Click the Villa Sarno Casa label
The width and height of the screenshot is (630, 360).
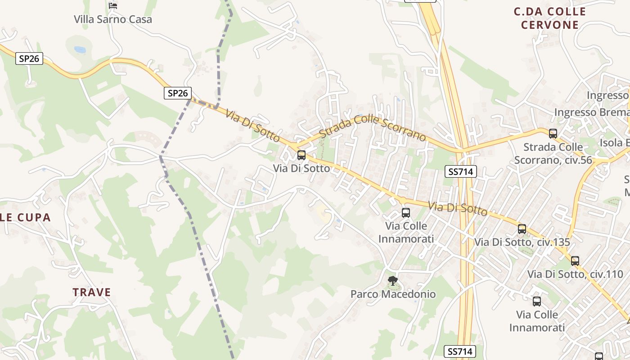click(x=113, y=19)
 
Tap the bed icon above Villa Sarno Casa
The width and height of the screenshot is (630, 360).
click(x=113, y=6)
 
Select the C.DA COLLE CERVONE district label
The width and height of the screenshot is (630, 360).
click(x=550, y=18)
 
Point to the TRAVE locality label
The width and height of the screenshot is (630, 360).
click(x=92, y=292)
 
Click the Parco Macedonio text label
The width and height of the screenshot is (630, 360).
click(x=393, y=294)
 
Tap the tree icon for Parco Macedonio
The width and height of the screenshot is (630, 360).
click(x=393, y=281)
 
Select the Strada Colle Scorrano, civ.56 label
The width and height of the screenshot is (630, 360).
click(x=553, y=153)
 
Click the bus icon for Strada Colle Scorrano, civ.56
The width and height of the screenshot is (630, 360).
click(x=553, y=134)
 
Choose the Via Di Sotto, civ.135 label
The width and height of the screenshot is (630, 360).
click(x=522, y=242)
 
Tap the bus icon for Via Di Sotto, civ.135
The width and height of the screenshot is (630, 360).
click(x=522, y=229)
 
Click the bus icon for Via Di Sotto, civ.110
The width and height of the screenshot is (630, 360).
click(x=575, y=261)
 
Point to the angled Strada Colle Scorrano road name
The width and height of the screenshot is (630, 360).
click(x=372, y=127)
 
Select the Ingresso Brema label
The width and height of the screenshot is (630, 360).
click(x=591, y=112)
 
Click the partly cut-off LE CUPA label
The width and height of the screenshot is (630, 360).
click(x=25, y=218)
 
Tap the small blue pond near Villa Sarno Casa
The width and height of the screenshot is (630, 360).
click(x=80, y=49)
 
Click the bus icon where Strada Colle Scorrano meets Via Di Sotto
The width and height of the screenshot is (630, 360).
click(x=301, y=155)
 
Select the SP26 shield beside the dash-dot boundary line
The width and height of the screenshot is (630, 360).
click(x=177, y=93)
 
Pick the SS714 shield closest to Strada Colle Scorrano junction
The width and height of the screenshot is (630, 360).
click(x=460, y=171)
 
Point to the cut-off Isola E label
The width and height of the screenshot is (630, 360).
click(x=614, y=143)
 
